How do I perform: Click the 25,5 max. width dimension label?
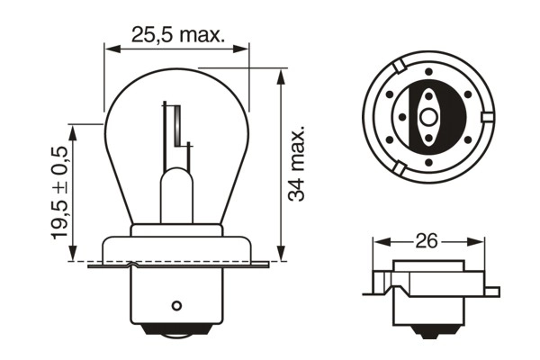tap(176, 35)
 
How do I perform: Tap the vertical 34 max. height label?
tap(301, 163)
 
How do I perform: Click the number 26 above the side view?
tap(427, 241)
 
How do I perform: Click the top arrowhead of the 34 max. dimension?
tap(281, 76)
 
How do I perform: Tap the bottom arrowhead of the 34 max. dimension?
tap(281, 256)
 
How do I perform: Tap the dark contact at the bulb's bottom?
tap(177, 341)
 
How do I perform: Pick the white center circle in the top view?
tap(427, 117)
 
